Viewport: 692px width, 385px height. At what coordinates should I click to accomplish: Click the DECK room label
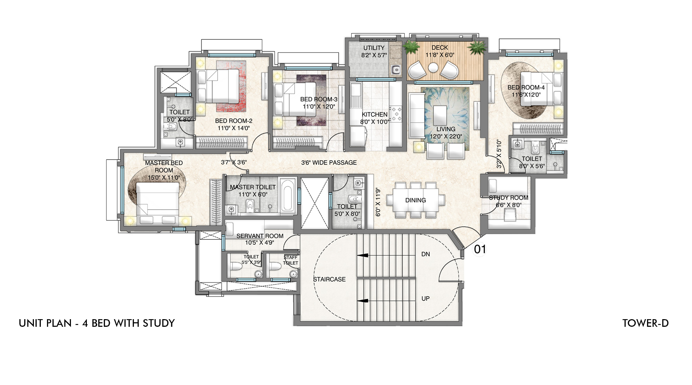click(440, 47)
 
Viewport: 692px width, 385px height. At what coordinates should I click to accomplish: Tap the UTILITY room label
click(374, 48)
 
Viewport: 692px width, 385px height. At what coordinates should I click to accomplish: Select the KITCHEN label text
click(375, 114)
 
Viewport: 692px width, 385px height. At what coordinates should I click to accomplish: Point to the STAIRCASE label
click(329, 279)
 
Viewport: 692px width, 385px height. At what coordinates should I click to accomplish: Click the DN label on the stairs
click(426, 254)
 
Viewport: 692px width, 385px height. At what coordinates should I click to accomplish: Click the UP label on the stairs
click(426, 298)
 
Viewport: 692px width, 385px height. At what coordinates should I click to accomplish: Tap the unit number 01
click(480, 249)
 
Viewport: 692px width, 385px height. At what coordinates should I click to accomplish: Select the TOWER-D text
click(646, 323)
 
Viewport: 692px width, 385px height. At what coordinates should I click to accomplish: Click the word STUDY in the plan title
click(159, 323)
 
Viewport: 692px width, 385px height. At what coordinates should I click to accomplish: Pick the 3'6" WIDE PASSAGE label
click(329, 163)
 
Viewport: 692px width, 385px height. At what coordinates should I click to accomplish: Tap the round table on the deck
click(433, 68)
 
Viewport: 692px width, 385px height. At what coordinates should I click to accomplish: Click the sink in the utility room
click(396, 70)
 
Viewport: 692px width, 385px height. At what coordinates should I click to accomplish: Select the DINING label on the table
click(416, 200)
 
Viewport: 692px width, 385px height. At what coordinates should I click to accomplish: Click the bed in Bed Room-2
click(218, 86)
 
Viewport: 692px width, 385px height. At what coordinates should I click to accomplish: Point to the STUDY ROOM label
click(509, 198)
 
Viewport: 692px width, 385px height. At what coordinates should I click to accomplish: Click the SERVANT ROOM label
click(260, 236)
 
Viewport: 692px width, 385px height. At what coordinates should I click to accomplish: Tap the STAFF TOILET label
click(291, 260)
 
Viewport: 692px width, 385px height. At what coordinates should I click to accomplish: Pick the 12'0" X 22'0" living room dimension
click(446, 137)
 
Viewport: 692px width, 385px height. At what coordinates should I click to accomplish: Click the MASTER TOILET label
click(253, 187)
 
